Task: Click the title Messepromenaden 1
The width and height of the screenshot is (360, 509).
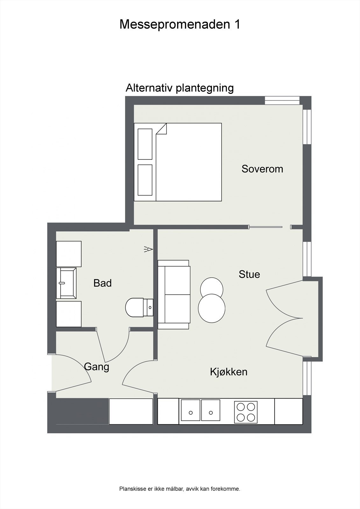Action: click(x=180, y=24)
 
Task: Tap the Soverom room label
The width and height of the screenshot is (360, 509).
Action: click(x=262, y=169)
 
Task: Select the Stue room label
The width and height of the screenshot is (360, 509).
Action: click(x=249, y=274)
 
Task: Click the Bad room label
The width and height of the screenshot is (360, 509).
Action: click(x=102, y=283)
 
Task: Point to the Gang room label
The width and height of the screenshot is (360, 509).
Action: click(x=96, y=367)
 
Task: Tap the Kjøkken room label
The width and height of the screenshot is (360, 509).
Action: click(x=229, y=372)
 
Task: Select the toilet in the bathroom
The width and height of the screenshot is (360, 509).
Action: click(x=137, y=307)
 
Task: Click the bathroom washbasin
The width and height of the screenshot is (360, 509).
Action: click(x=66, y=283)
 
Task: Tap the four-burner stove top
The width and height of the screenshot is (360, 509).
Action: click(x=246, y=412)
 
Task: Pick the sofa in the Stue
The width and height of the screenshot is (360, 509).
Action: click(x=174, y=294)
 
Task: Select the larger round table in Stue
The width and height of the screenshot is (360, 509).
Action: click(x=212, y=308)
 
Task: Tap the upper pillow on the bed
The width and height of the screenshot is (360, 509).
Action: click(x=145, y=144)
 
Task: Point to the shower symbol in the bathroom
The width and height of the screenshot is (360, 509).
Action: click(x=148, y=249)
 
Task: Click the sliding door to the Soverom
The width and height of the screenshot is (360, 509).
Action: click(x=266, y=227)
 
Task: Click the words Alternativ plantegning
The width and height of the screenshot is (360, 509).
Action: click(x=180, y=88)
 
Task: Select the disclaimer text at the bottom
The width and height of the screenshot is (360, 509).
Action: click(x=180, y=489)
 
